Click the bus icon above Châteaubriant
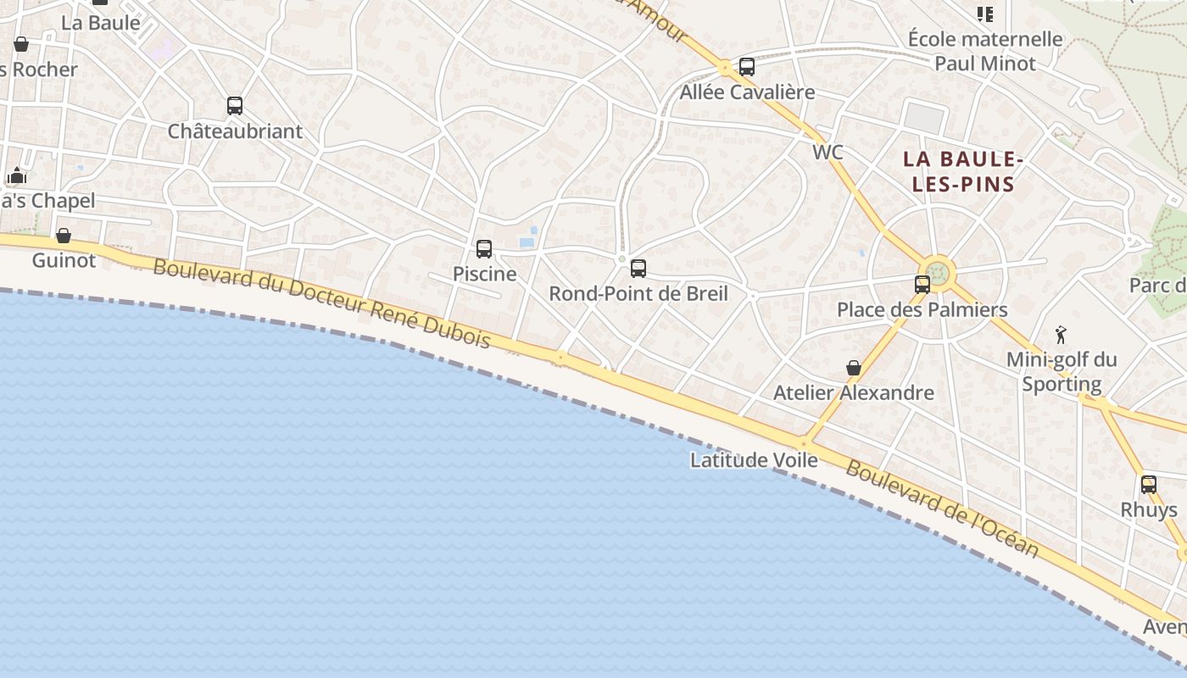coord(235,106)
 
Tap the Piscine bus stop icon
coord(484,249)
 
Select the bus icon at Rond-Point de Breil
coord(638,269)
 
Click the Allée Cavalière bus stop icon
coord(747,67)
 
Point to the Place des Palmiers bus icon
coord(922,285)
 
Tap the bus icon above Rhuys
coord(1149,485)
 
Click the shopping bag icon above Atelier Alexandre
coord(854,368)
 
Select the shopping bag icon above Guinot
coord(64,236)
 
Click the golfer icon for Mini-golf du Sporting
coord(1061,334)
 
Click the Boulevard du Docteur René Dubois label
coord(322,303)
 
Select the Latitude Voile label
coord(754,460)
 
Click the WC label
coord(828,153)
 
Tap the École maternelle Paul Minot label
coord(985,51)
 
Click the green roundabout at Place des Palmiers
coord(939,273)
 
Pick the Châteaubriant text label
coord(235,131)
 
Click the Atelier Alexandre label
coord(854,393)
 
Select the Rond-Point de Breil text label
coord(638,294)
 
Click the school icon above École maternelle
coord(984,14)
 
